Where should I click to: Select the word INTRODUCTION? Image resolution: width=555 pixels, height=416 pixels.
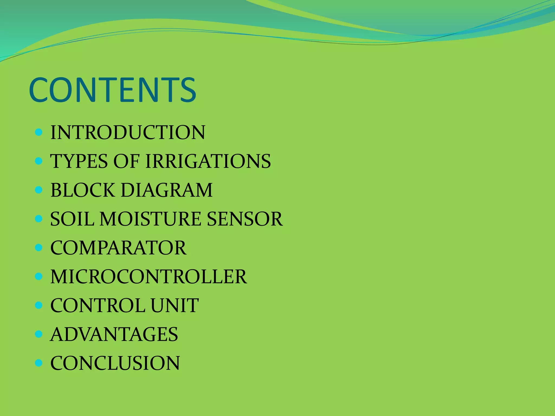[x=128, y=132]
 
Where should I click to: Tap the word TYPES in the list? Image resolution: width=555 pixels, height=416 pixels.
[x=79, y=161]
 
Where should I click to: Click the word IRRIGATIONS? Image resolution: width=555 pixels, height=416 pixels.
[x=208, y=161]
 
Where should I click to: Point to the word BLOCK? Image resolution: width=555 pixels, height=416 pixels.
[x=83, y=190]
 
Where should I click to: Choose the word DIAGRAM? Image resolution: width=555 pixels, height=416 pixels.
[x=167, y=190]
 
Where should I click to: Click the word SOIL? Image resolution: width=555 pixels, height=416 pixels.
[x=72, y=219]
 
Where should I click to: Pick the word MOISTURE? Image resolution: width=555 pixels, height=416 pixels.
[x=150, y=219]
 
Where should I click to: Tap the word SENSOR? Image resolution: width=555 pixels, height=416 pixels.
[x=245, y=219]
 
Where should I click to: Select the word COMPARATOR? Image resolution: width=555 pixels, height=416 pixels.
[x=118, y=248]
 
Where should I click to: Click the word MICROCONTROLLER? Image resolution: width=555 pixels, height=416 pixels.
[x=149, y=277]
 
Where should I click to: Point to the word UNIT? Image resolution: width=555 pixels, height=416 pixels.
[x=175, y=305]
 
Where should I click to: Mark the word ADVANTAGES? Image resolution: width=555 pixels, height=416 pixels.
[x=114, y=334]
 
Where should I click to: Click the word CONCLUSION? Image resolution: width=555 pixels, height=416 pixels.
[x=115, y=363]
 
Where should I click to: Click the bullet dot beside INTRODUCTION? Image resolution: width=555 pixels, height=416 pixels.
[x=39, y=132]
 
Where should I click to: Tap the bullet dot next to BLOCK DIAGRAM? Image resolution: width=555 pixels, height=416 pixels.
[x=39, y=190]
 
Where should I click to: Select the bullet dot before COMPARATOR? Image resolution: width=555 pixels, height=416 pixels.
[x=39, y=248]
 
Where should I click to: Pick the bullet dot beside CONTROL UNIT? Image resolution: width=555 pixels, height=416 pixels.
[x=39, y=305]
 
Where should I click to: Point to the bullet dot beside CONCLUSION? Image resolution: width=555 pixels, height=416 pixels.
[x=39, y=363]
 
